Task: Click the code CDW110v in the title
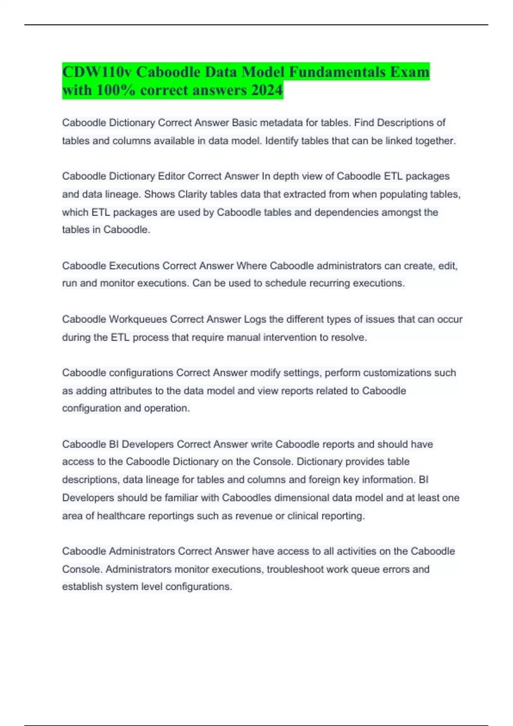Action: [97, 72]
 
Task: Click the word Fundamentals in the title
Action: [337, 72]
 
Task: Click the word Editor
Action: [171, 176]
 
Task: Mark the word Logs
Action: [255, 319]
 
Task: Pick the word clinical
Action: [302, 516]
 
